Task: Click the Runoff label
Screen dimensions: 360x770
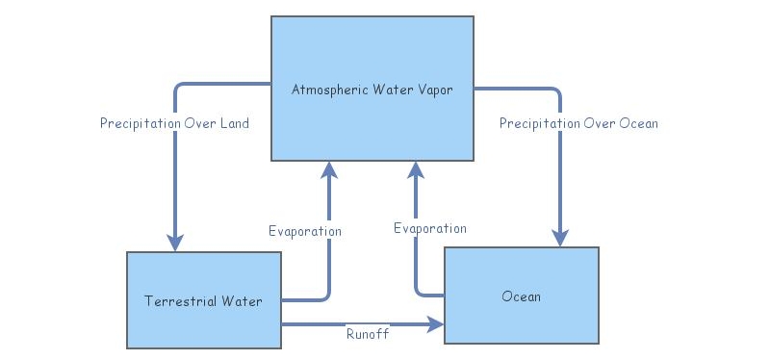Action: click(368, 334)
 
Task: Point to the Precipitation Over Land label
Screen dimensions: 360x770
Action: click(174, 123)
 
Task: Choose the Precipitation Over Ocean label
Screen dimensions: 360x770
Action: click(578, 123)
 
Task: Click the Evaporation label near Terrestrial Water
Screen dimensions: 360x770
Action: click(304, 231)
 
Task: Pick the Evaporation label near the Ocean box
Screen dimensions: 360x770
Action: click(430, 228)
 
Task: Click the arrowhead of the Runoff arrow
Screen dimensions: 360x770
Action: click(436, 325)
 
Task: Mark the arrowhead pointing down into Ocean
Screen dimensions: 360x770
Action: click(560, 237)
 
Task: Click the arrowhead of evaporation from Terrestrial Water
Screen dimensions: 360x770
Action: click(329, 170)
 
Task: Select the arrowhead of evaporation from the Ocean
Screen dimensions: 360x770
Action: click(416, 170)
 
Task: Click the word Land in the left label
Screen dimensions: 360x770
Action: click(234, 123)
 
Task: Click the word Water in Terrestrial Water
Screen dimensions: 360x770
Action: click(243, 301)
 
